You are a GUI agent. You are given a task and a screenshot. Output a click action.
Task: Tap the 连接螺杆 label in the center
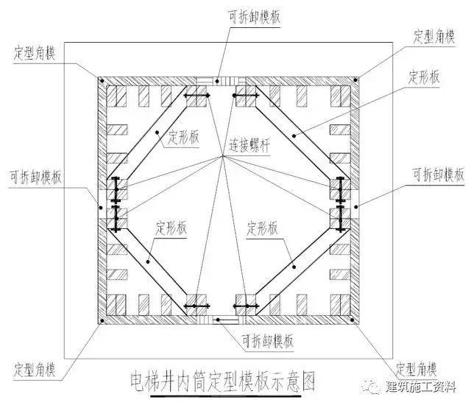pyautogui.click(x=249, y=145)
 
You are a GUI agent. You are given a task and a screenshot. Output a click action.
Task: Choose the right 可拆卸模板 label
pyautogui.click(x=439, y=175)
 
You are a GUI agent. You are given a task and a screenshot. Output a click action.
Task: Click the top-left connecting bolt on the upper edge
pyautogui.click(x=196, y=96)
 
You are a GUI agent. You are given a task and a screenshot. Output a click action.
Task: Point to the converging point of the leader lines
pyautogui.click(x=221, y=157)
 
